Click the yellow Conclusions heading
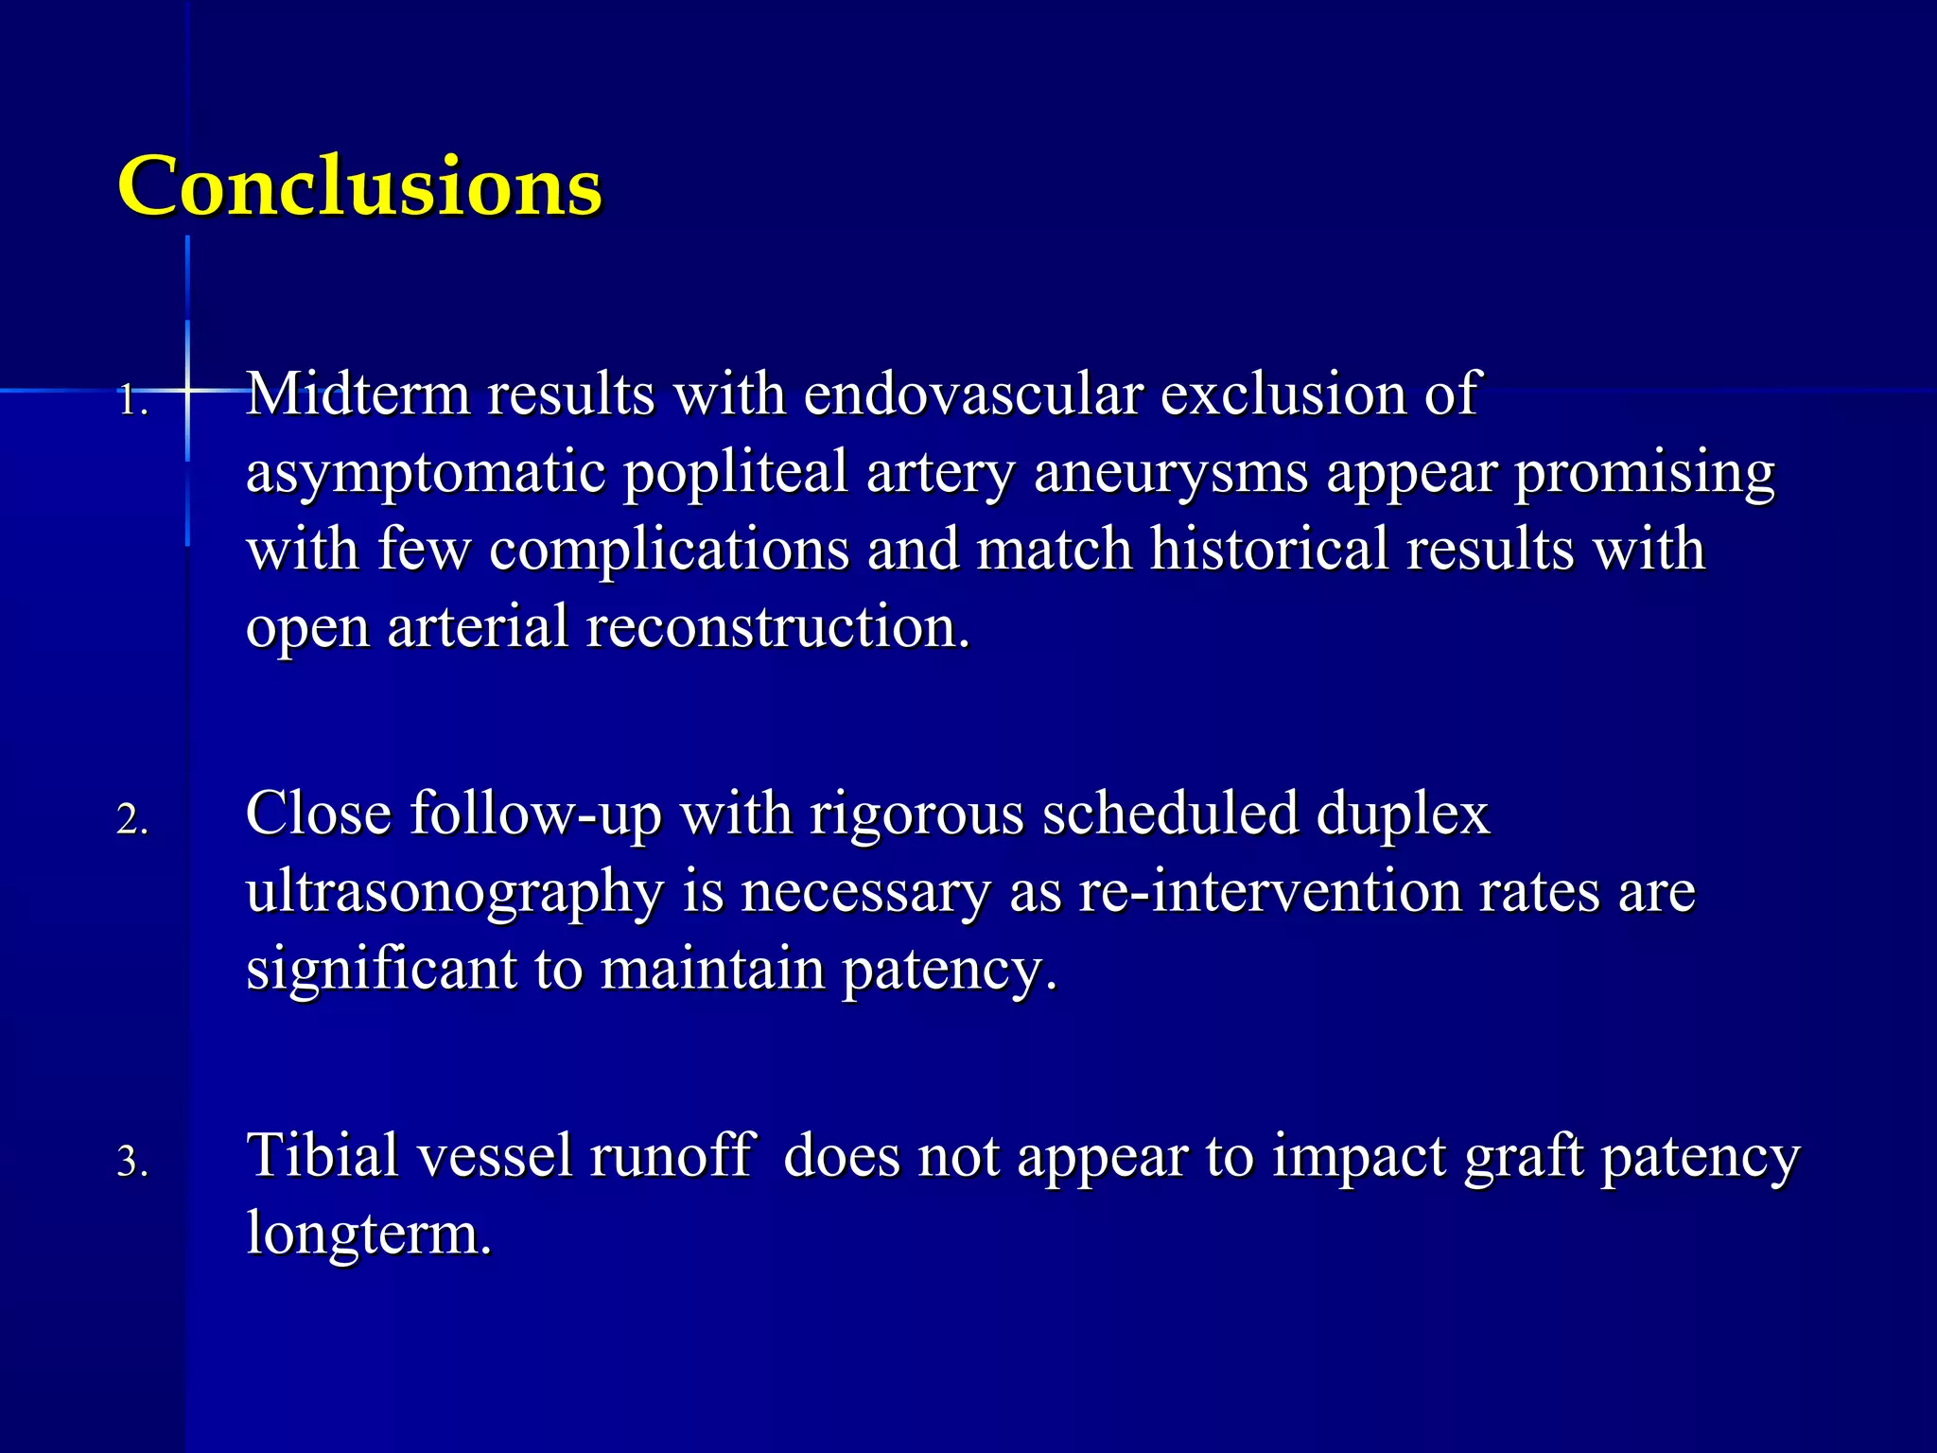359,185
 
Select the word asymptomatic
425,473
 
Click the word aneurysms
1171,473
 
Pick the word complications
669,551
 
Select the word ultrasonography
454,893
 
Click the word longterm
369,1234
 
